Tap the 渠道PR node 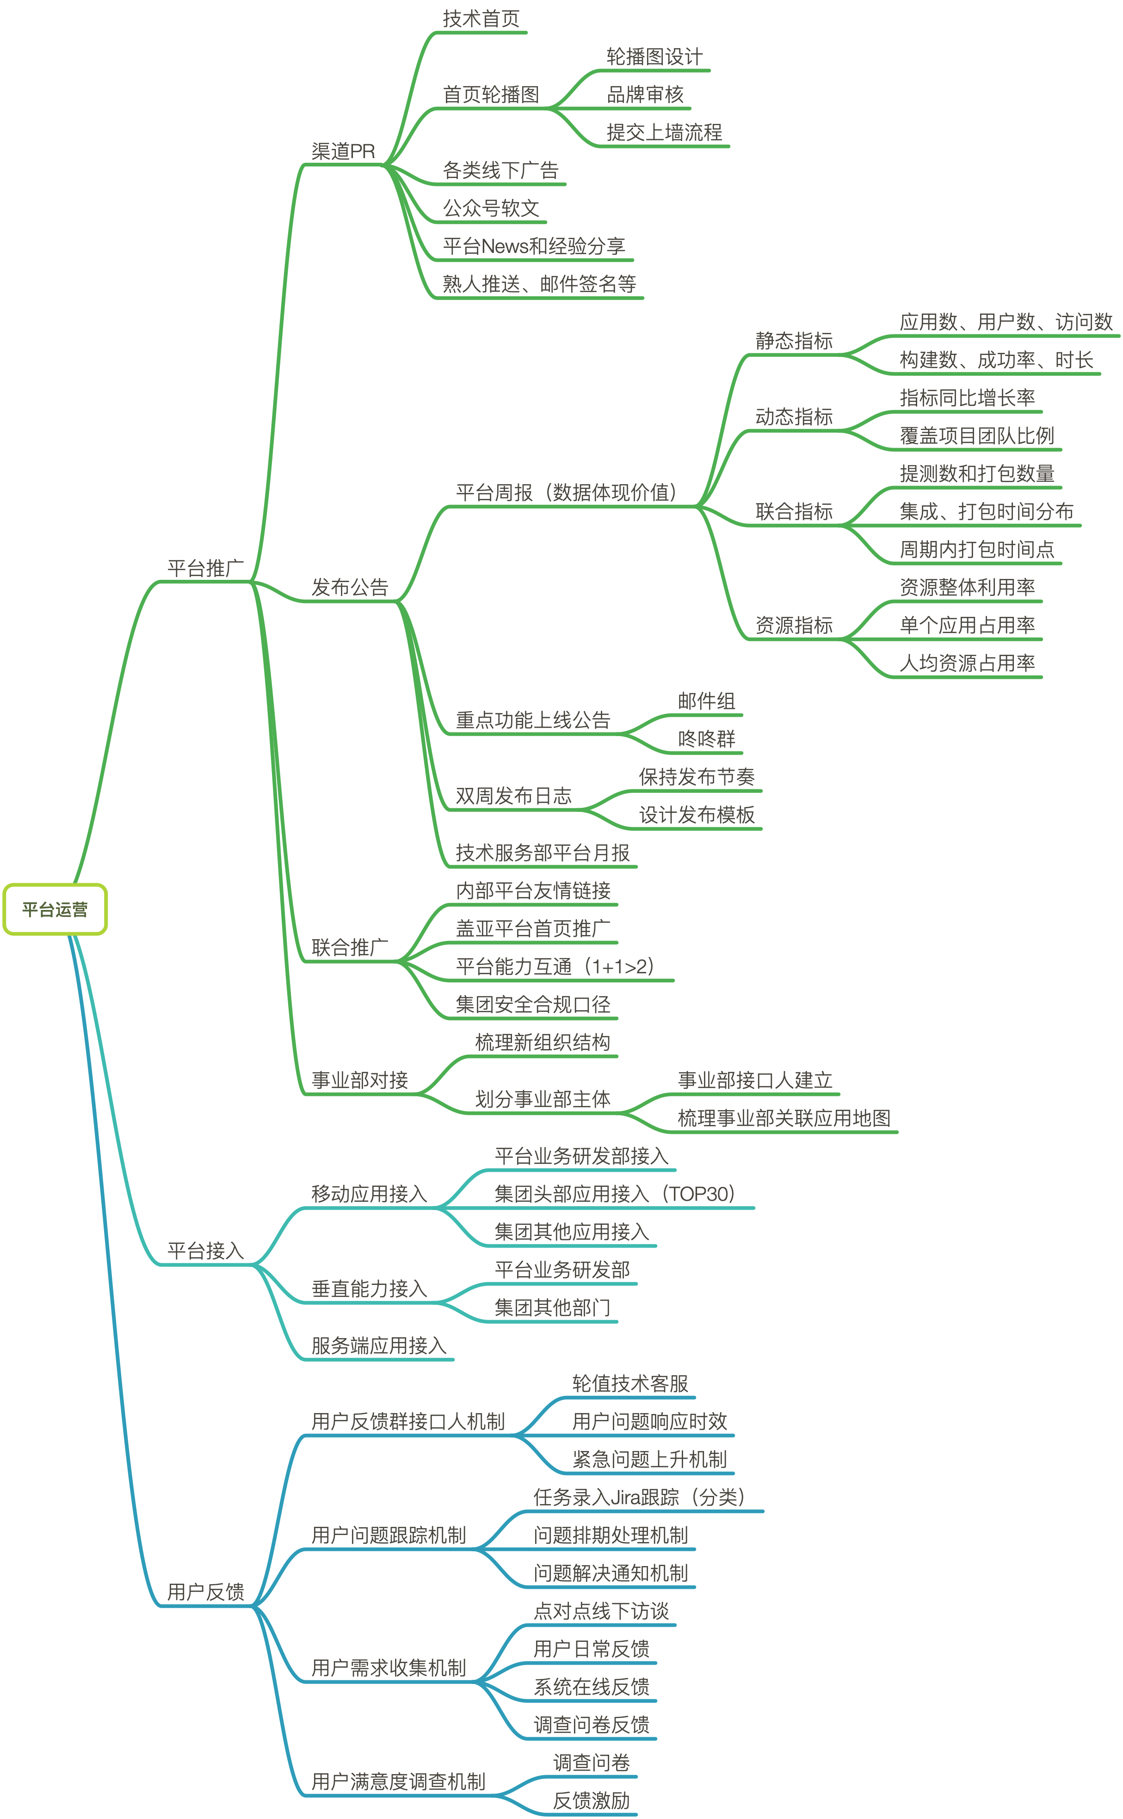[x=343, y=152]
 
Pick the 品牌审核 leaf [x=645, y=94]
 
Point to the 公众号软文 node [x=491, y=208]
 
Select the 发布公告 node [x=350, y=587]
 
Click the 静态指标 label [x=794, y=341]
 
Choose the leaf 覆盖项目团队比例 [x=977, y=436]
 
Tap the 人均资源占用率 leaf [x=967, y=663]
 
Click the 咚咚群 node [x=706, y=739]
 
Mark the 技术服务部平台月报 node [x=542, y=852]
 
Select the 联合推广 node [x=350, y=947]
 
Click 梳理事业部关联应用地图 [x=784, y=1118]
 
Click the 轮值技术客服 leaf [x=630, y=1383]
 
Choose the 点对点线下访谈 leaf [x=601, y=1611]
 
